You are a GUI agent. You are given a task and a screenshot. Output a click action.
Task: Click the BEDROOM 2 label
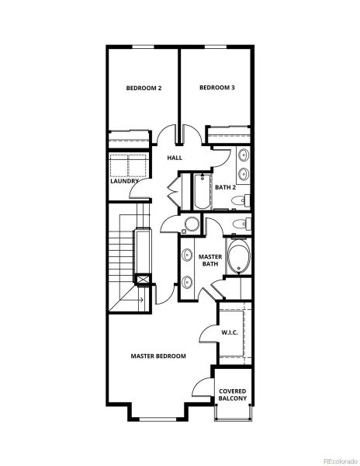click(144, 88)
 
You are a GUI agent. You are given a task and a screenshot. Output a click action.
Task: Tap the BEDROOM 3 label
click(216, 88)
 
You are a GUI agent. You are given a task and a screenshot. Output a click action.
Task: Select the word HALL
click(175, 158)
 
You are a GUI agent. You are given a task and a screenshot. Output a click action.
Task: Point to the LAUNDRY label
click(124, 182)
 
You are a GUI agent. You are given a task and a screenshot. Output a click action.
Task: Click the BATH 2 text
click(225, 187)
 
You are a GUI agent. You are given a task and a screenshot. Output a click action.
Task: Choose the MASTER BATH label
click(210, 260)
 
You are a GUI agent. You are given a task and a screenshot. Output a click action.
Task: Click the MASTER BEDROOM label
click(158, 356)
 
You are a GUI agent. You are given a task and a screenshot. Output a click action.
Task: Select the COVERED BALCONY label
click(233, 395)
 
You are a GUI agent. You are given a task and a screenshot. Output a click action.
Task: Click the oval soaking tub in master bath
click(239, 259)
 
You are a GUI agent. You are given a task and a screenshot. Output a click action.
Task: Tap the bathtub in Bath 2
click(202, 193)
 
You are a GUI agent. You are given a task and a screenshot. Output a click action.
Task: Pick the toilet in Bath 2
click(242, 201)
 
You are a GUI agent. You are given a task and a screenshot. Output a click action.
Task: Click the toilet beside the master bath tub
click(241, 225)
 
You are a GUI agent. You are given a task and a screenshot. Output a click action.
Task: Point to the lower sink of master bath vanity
click(188, 282)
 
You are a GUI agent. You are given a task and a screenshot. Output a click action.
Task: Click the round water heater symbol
click(191, 224)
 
